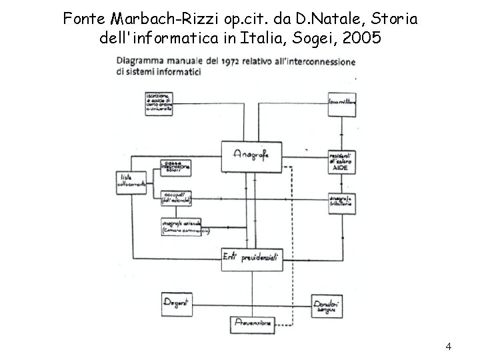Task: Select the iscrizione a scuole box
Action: tap(163, 104)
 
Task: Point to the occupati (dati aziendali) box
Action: tap(177, 197)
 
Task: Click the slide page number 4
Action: tap(449, 346)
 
